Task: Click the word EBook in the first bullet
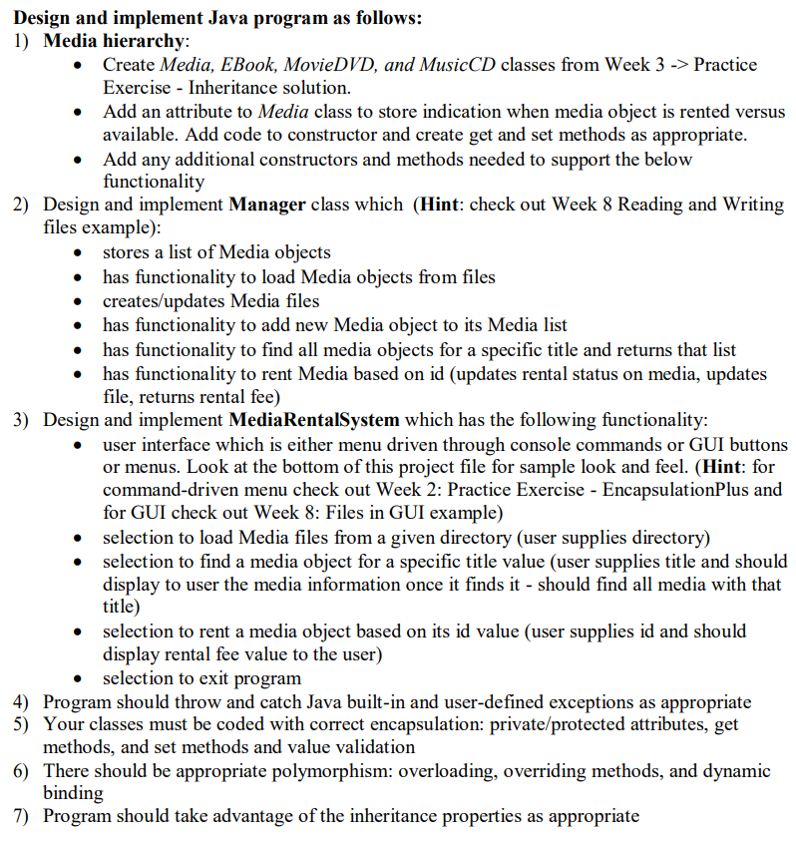point(244,65)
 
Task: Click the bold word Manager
point(266,205)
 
